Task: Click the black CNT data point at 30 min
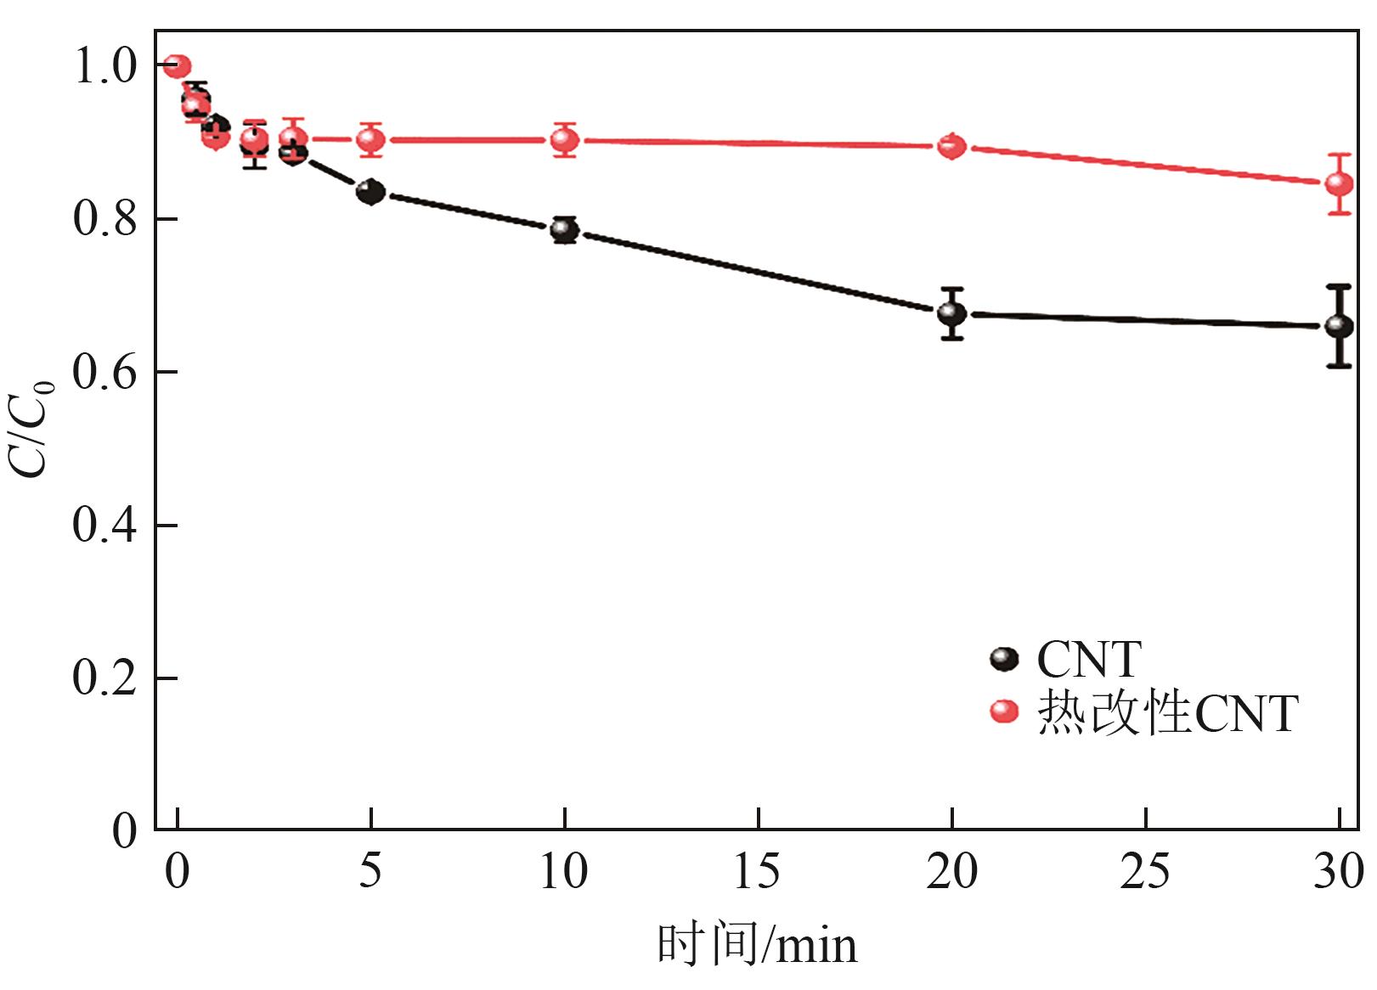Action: point(1339,326)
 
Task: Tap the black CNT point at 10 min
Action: point(564,229)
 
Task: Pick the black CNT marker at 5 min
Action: point(370,192)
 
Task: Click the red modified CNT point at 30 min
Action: point(1339,184)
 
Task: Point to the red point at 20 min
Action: point(951,147)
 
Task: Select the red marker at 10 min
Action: point(564,139)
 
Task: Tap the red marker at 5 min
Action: point(370,139)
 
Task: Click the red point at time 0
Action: point(178,66)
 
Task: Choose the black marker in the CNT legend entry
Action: point(1004,659)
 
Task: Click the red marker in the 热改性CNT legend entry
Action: point(1004,712)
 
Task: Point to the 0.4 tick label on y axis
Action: point(104,526)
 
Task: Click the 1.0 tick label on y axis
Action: point(104,67)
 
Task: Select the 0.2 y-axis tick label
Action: point(104,678)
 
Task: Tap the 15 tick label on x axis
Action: point(757,872)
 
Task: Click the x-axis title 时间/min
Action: point(757,945)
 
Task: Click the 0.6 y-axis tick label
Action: point(104,373)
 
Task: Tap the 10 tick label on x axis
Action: point(563,872)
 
